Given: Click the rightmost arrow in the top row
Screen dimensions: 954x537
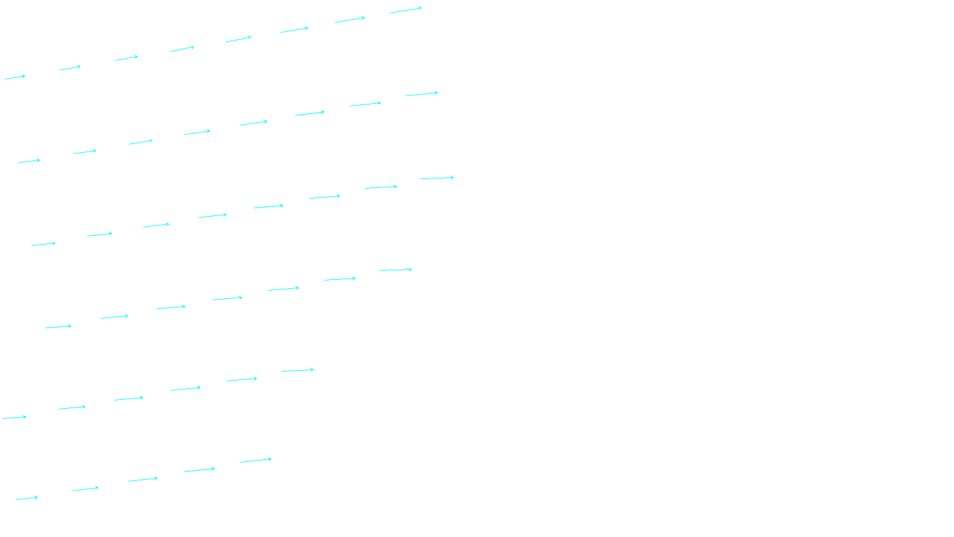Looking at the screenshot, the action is (x=406, y=10).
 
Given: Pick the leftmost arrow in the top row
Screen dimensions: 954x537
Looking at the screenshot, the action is (x=15, y=77).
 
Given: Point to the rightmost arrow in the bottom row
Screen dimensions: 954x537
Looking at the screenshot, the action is (x=256, y=460).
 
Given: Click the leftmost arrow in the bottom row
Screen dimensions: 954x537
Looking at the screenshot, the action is (x=27, y=498).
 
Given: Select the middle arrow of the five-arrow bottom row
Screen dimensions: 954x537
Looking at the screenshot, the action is (x=143, y=479).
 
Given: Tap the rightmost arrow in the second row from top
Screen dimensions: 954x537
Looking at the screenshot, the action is (x=422, y=94).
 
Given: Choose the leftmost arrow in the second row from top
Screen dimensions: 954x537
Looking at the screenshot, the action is (x=29, y=161).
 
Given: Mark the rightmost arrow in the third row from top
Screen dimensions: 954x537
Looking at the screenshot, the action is (x=437, y=178).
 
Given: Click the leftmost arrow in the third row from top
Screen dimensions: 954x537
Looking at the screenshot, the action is (x=44, y=244).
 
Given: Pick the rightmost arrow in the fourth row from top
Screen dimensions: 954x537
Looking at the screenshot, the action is (x=395, y=270).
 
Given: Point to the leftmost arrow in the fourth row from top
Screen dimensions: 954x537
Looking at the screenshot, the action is (x=58, y=326).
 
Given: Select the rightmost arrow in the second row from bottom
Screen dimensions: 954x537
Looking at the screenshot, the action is (x=298, y=370).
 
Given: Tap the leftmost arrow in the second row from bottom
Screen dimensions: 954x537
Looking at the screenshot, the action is (x=14, y=417).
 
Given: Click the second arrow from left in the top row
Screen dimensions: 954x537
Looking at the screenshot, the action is (x=70, y=67).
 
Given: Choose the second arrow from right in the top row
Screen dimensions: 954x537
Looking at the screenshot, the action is (x=350, y=20).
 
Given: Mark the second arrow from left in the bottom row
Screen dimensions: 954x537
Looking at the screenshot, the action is (x=85, y=489).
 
